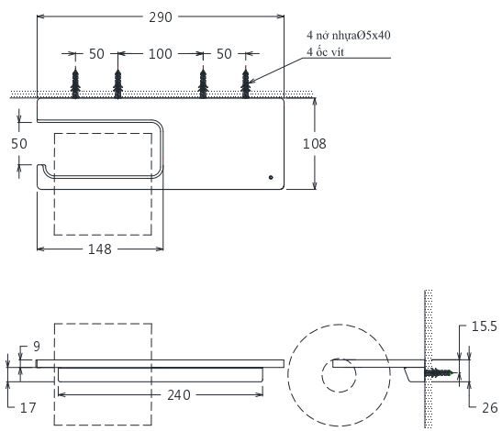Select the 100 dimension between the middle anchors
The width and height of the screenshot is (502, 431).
[x=161, y=55]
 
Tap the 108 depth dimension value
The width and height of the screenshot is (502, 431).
[x=314, y=143]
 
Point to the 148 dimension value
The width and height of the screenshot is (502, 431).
[x=101, y=251]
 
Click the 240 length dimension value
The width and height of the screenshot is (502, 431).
[x=179, y=395]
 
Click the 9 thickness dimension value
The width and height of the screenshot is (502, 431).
[x=36, y=346]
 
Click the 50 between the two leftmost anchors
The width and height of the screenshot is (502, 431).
[x=95, y=55]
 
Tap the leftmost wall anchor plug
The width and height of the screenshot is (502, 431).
[x=74, y=83]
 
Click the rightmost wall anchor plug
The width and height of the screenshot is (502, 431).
[x=246, y=83]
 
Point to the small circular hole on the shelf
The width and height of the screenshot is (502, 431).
[x=270, y=176]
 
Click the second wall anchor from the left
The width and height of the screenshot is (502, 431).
[x=117, y=83]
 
